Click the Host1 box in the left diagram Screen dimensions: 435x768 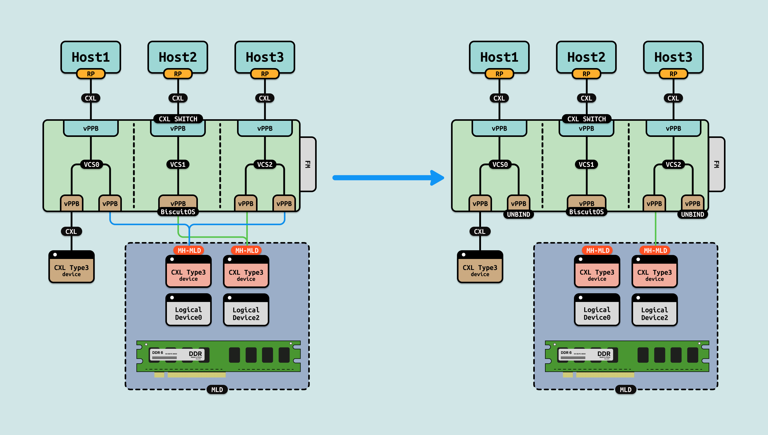click(x=91, y=57)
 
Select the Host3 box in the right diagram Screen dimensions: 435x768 click(x=673, y=57)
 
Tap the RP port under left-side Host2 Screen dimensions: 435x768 click(x=178, y=74)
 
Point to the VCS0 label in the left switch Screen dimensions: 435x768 click(x=91, y=165)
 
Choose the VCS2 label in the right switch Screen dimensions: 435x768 click(x=673, y=165)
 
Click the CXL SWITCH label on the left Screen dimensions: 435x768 click(x=178, y=119)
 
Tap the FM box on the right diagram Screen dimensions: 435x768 click(x=716, y=164)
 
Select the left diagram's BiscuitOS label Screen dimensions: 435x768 click(x=178, y=212)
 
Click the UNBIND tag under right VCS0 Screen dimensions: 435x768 click(x=518, y=214)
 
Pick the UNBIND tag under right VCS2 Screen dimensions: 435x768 click(x=692, y=214)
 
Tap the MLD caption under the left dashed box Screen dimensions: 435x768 click(x=217, y=390)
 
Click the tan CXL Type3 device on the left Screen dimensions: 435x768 click(x=71, y=267)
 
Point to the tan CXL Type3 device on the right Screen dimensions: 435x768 click(x=480, y=267)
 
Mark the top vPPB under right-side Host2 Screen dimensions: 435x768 click(x=586, y=128)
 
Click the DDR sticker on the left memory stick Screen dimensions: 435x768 click(x=177, y=355)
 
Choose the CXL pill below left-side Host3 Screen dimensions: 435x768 click(x=264, y=98)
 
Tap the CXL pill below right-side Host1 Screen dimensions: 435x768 click(x=499, y=98)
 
